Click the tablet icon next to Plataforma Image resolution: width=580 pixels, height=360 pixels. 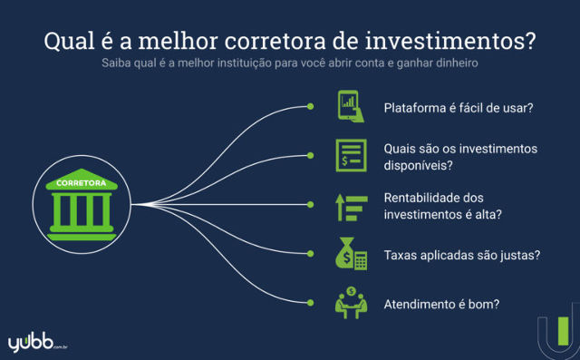[351, 106]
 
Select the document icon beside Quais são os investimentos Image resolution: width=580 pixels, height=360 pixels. [351, 156]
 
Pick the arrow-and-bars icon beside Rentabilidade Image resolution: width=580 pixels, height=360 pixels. [350, 206]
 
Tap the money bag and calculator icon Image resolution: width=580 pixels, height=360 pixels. [350, 255]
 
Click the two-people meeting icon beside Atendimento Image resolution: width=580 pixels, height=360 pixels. [350, 304]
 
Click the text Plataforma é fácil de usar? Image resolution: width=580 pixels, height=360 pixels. [458, 107]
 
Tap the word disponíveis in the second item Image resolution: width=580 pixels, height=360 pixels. [418, 164]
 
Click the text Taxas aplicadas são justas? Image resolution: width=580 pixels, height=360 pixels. [462, 256]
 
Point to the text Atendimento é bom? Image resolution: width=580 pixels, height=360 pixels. [441, 305]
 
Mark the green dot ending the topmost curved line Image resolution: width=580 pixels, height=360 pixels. [311, 107]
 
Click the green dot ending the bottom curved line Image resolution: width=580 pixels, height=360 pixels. [311, 304]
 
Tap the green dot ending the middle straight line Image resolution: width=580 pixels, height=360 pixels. [311, 206]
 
